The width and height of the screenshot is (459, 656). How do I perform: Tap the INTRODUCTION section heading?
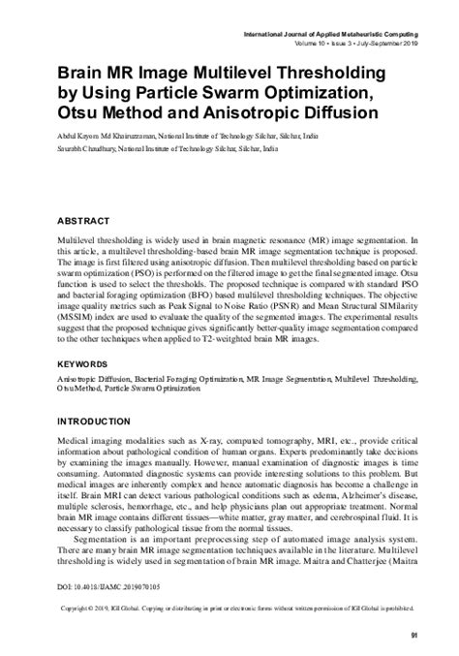coord(103,424)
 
